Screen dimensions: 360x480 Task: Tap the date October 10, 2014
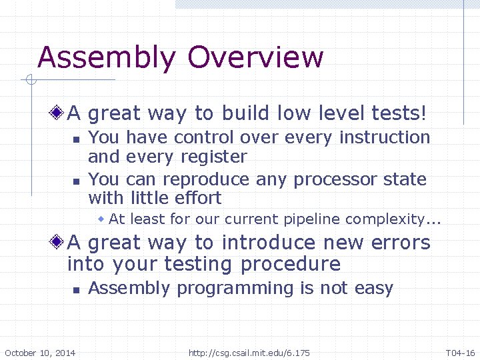40,353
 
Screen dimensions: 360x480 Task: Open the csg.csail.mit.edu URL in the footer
249,353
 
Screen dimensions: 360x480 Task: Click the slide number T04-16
460,353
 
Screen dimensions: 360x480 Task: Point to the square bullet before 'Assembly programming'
76,290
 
